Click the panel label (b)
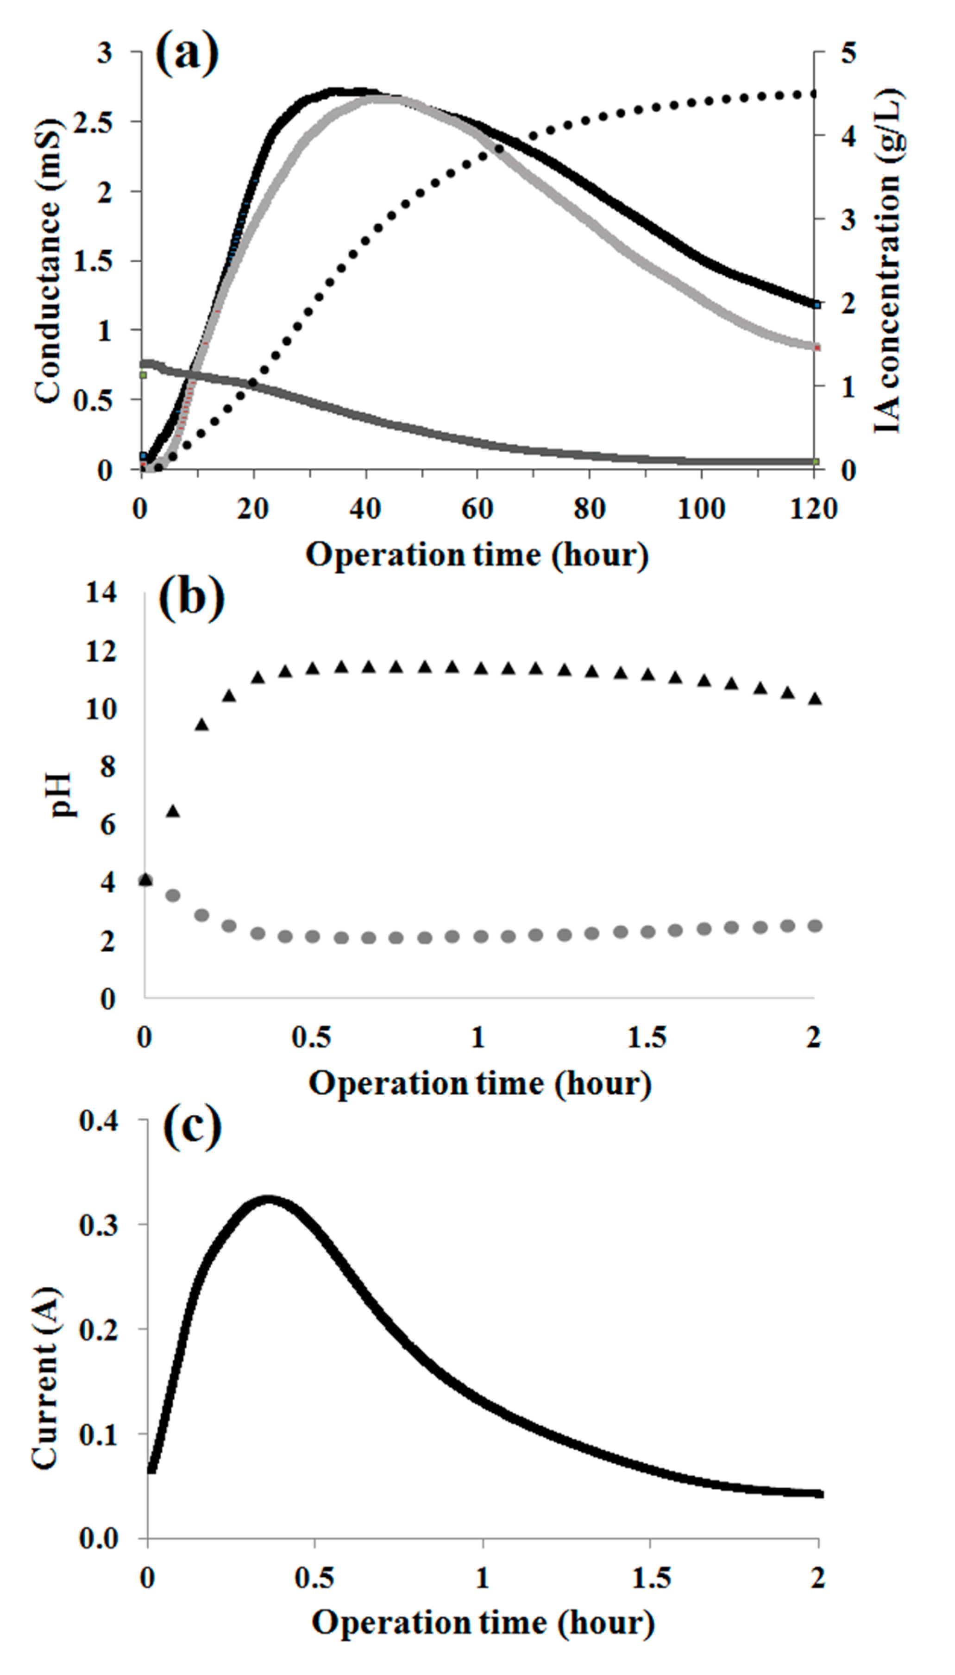coord(191,598)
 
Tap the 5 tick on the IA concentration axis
coord(849,52)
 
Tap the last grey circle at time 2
coord(815,926)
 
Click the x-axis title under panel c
coord(483,1623)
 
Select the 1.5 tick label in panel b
coord(647,1037)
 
